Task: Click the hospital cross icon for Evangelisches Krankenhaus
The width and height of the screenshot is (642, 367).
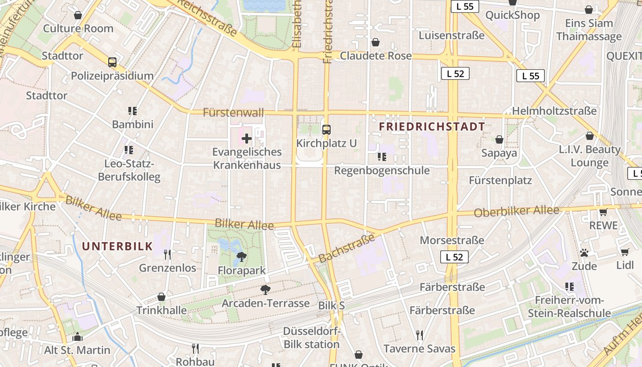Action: point(247,138)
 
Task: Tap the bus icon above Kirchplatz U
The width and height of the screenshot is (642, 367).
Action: point(327,130)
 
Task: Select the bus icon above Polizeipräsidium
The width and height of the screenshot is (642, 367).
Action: point(112,62)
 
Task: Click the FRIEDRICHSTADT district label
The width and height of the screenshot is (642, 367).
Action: point(432,127)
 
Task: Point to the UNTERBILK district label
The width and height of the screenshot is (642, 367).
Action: point(117,246)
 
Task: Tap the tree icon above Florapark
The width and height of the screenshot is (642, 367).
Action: point(241,257)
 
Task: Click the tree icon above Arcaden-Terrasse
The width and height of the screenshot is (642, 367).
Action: point(265,289)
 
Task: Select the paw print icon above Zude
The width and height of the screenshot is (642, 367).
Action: point(584,253)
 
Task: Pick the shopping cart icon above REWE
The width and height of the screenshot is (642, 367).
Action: point(603,212)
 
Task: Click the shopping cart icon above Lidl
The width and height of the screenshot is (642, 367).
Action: point(625,252)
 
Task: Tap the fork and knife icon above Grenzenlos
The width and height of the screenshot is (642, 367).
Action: point(167,254)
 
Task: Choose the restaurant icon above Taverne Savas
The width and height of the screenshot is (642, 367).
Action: point(419,335)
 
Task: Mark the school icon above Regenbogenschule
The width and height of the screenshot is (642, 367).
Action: point(382,157)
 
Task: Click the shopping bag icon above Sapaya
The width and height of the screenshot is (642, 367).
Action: point(499,139)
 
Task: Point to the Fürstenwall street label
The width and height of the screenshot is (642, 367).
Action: point(233,112)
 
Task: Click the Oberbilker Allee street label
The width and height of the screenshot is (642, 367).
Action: point(517,211)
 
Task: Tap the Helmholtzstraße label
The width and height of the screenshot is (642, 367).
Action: point(554,111)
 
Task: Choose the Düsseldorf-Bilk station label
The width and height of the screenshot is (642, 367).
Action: point(311,338)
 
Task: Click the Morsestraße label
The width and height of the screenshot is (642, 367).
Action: point(452,240)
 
